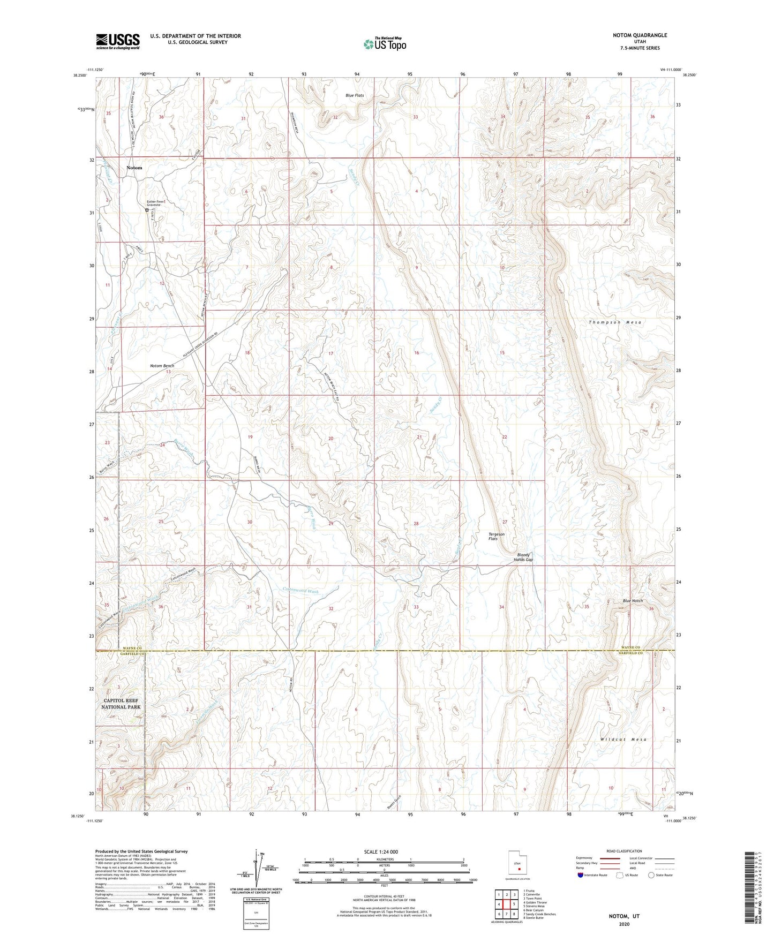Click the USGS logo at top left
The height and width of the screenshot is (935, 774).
point(118,41)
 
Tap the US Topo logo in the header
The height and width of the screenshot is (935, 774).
point(384,44)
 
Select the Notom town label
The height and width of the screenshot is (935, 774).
point(134,168)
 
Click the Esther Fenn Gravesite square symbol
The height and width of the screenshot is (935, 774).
point(147,210)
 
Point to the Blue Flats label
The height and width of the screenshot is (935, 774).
point(355,96)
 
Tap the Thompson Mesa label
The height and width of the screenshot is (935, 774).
point(614,322)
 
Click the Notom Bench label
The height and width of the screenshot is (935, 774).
point(162,366)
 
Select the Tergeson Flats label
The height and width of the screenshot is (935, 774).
point(496,537)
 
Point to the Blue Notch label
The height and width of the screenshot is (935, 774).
point(633,601)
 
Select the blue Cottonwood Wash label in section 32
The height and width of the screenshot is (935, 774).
point(300,591)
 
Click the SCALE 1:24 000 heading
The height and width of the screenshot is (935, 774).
point(380,852)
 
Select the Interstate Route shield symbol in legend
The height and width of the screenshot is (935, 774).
point(581,875)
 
